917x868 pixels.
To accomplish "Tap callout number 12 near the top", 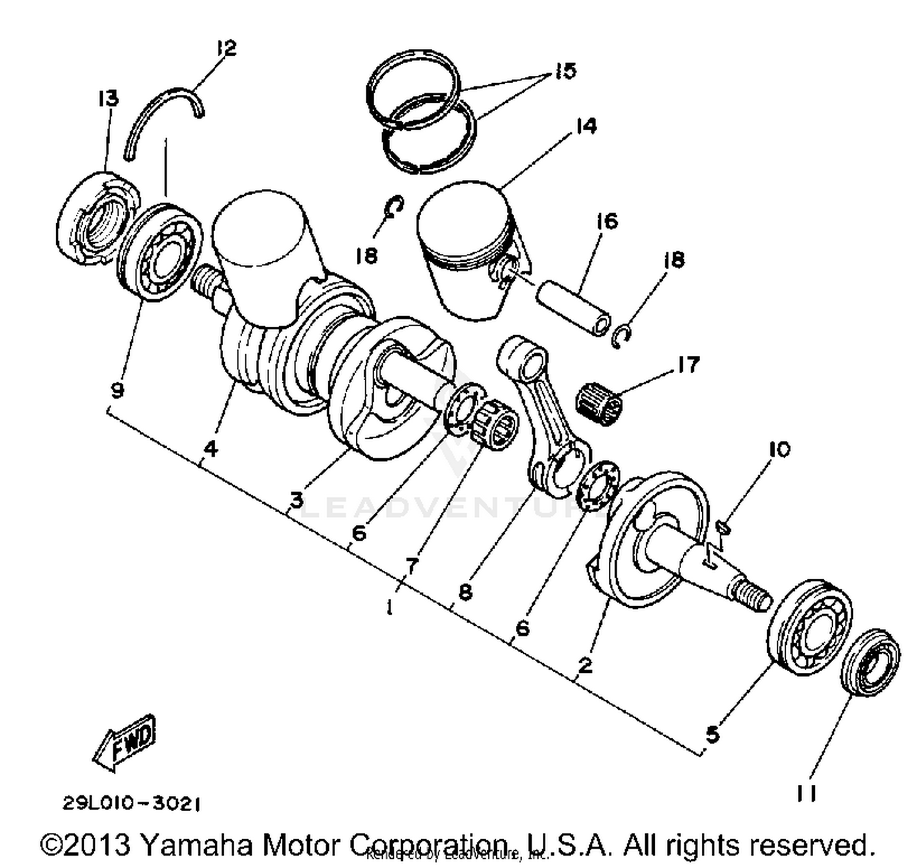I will pyautogui.click(x=226, y=48).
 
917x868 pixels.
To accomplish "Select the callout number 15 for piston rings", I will pyautogui.click(x=565, y=71).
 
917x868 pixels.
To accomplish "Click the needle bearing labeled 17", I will pyautogui.click(x=600, y=402).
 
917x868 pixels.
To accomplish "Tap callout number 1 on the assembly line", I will pyautogui.click(x=389, y=607).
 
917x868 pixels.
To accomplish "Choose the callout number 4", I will pyautogui.click(x=210, y=450).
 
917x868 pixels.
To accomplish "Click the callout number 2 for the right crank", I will pyautogui.click(x=585, y=665).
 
